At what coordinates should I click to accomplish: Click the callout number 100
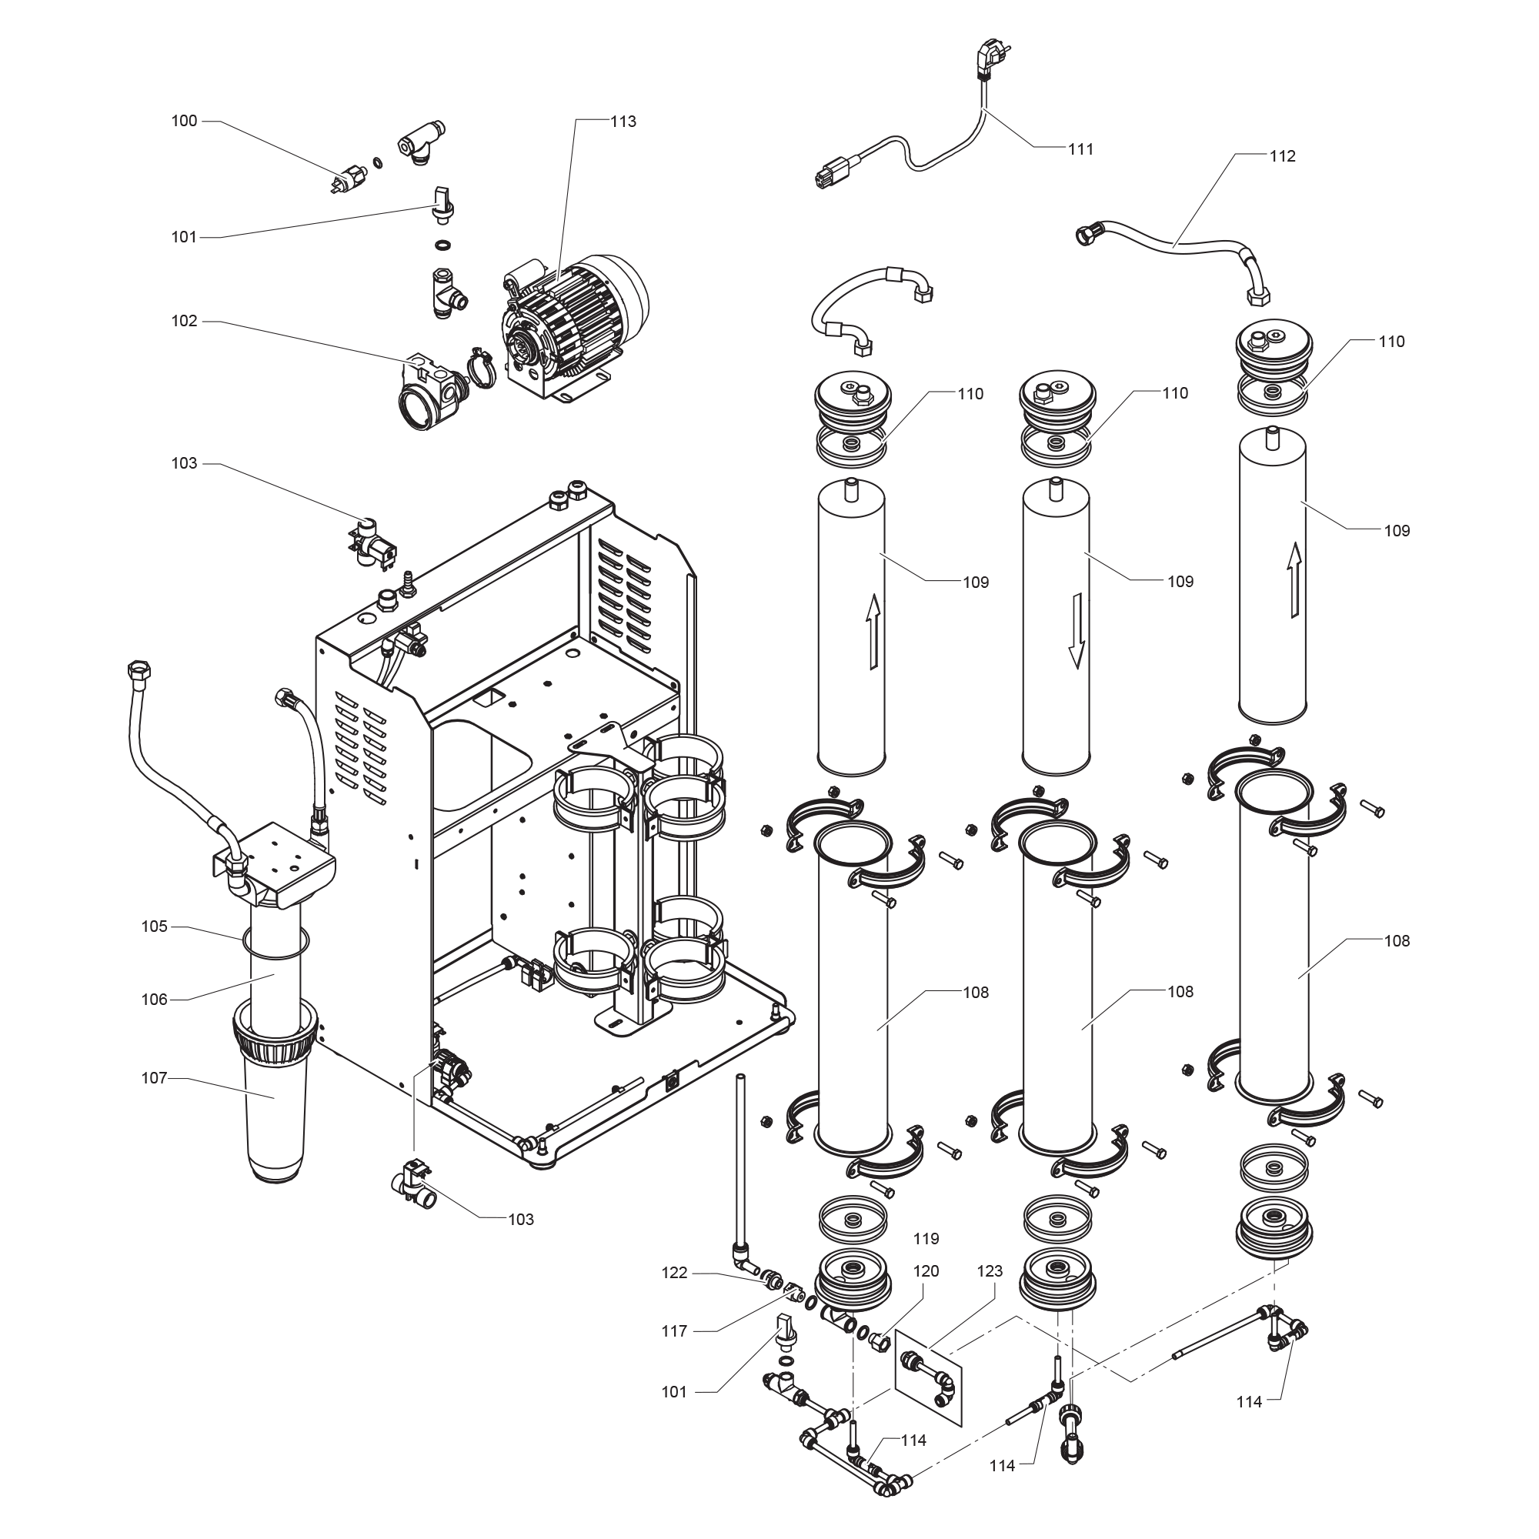point(184,121)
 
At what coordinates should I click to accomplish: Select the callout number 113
point(623,121)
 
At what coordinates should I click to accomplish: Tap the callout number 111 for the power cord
point(1080,149)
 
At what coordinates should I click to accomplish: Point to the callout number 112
point(1282,156)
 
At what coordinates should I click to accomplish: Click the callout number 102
point(184,320)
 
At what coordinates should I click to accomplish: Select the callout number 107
point(155,1078)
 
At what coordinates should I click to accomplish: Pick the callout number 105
point(155,926)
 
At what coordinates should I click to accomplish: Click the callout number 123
point(990,1271)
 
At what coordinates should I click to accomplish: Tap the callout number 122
point(674,1273)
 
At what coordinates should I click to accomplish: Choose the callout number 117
point(674,1331)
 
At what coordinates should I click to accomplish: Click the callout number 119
point(926,1239)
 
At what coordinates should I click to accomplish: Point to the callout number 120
point(926,1271)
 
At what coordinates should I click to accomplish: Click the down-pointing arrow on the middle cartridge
point(1077,629)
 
